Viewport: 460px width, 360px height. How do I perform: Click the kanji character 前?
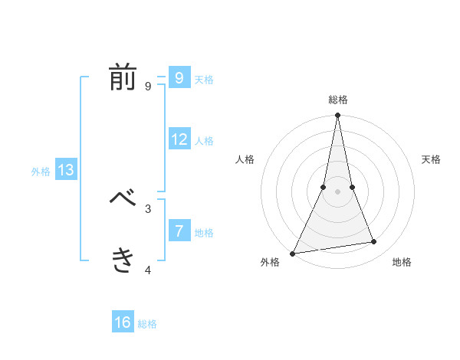click(x=123, y=78)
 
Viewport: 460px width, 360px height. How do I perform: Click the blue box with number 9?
click(x=179, y=77)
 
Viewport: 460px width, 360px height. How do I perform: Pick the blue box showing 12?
click(x=179, y=139)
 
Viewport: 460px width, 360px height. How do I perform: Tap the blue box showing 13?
click(x=65, y=170)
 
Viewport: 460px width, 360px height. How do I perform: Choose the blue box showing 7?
click(x=179, y=231)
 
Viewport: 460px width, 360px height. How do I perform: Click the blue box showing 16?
click(x=123, y=322)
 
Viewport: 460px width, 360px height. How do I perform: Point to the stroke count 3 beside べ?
click(x=148, y=208)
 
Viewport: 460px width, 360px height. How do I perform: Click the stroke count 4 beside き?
click(x=148, y=270)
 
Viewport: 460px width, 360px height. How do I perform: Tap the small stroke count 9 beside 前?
click(x=148, y=87)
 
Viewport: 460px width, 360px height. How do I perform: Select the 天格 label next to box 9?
click(x=204, y=80)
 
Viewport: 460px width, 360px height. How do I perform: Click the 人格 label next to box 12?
click(x=204, y=141)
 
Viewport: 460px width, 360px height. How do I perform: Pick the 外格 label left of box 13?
click(x=41, y=172)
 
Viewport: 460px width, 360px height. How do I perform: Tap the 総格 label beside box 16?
click(x=147, y=324)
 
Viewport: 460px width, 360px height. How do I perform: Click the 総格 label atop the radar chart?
click(x=337, y=100)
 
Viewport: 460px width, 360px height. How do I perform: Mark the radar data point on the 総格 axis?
click(x=337, y=116)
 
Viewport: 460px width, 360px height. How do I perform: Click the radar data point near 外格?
click(x=293, y=253)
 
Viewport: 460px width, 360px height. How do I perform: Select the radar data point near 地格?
click(x=374, y=242)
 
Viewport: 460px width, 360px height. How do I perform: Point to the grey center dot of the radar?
click(x=337, y=191)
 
